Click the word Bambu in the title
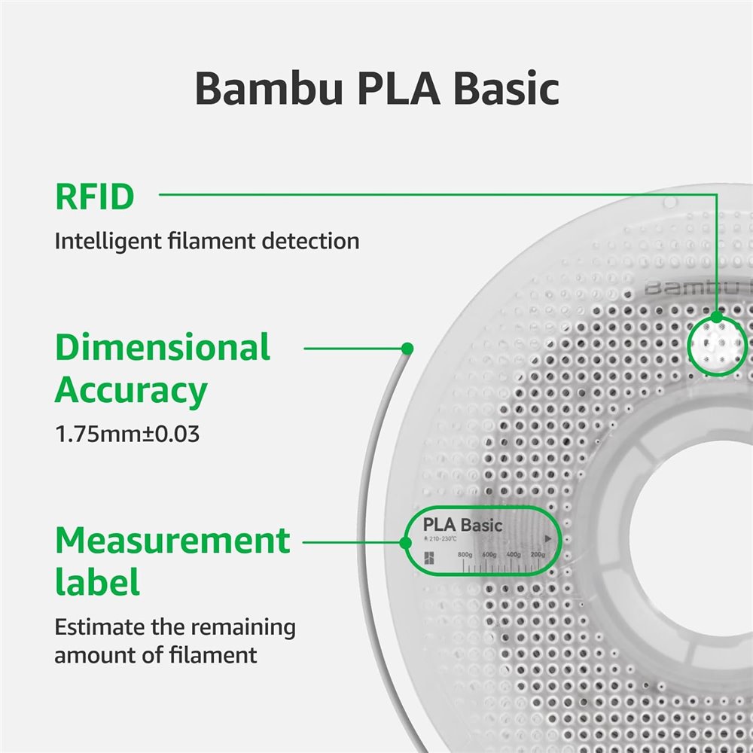point(256,88)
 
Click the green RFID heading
point(94,197)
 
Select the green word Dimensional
point(163,348)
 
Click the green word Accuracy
point(130,391)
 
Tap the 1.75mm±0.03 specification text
point(127,434)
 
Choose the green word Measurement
point(172,541)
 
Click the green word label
point(97,583)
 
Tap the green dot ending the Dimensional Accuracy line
point(407,348)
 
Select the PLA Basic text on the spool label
point(462,525)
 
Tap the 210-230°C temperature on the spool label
point(441,539)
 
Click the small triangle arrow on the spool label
point(549,539)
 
